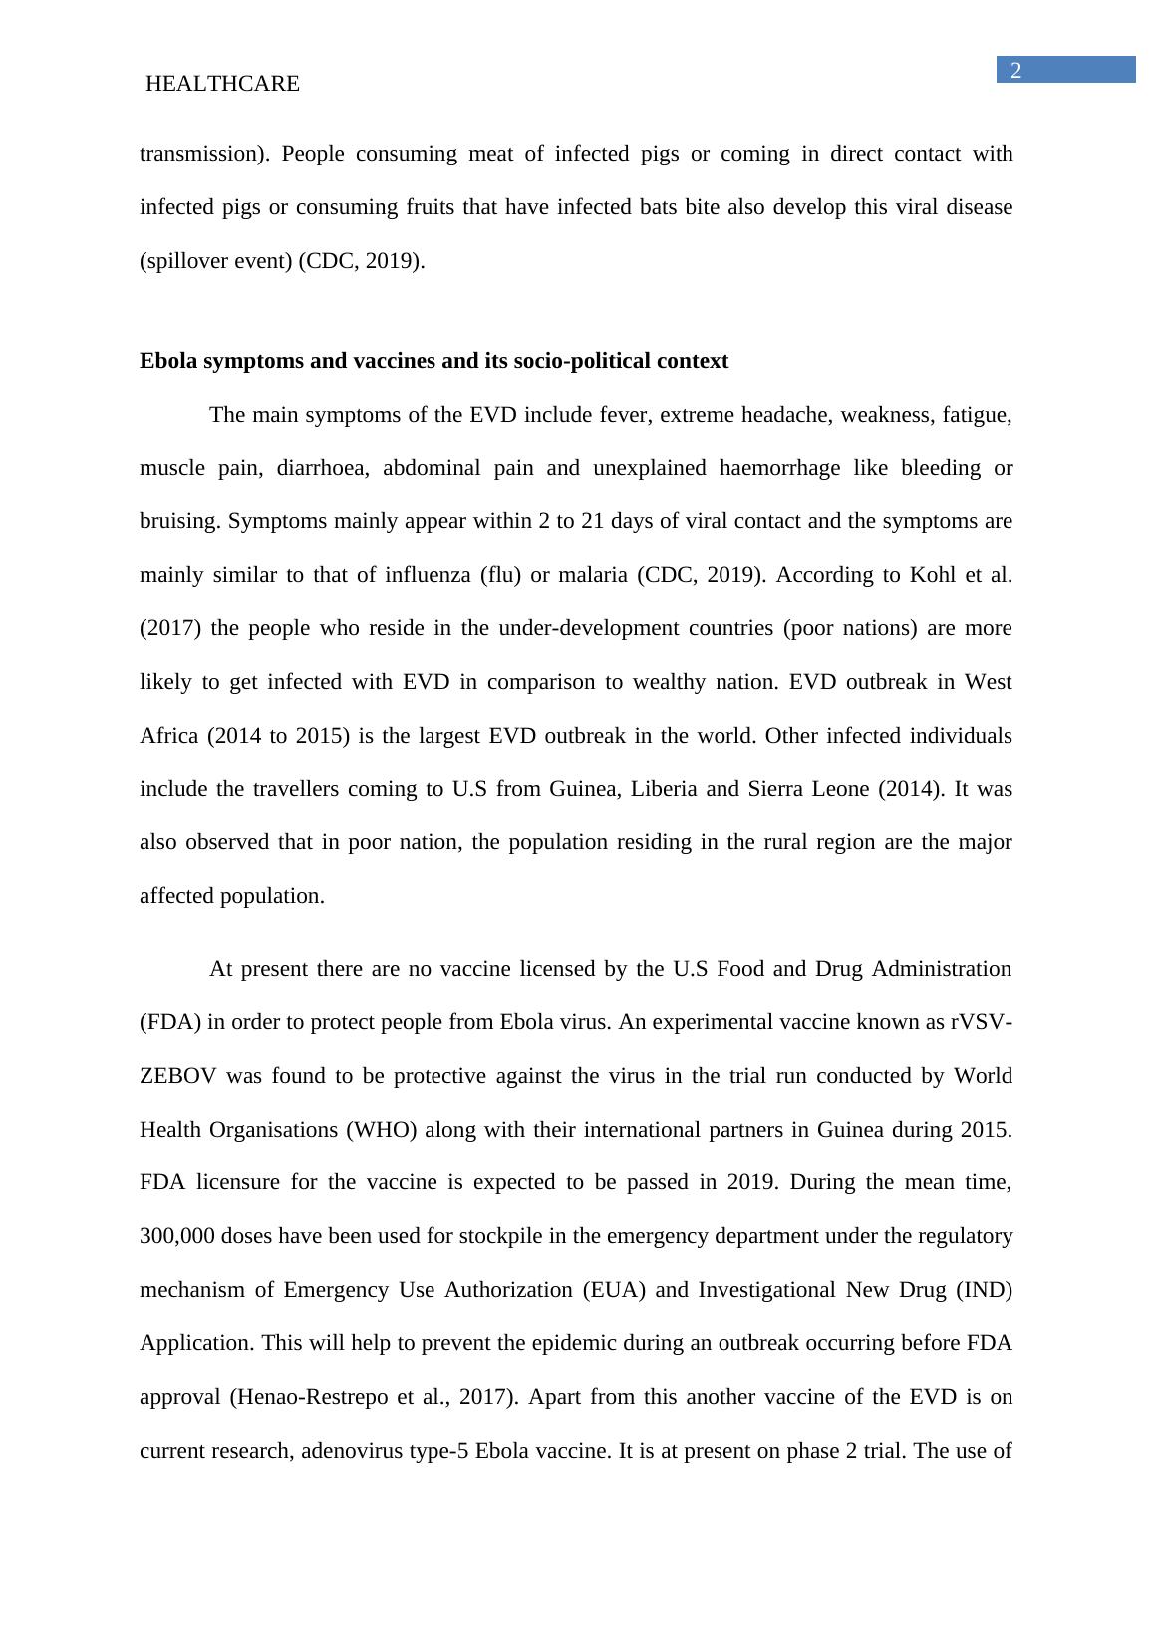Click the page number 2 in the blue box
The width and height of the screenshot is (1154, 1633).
pos(1016,71)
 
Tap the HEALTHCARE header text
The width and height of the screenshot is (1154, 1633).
pos(222,85)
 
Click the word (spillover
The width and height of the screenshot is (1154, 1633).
pos(182,261)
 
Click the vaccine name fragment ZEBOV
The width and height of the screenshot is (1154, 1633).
pos(176,1076)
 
